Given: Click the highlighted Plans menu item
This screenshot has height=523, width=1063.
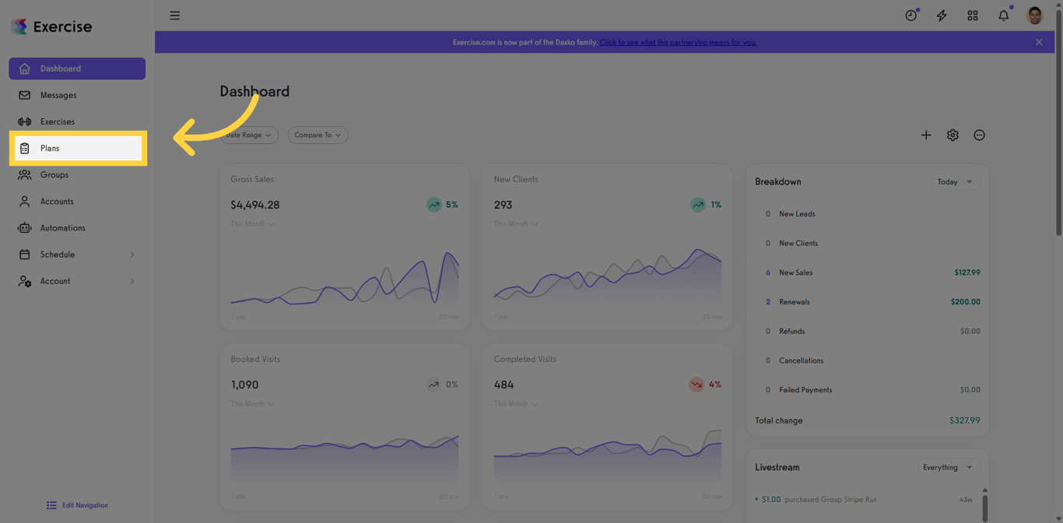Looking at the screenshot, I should (78, 148).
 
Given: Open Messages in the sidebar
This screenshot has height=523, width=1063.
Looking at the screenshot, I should (58, 95).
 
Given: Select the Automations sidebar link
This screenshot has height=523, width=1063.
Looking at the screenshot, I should (62, 228).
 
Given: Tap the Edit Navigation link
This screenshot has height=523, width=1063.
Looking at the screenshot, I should (84, 505).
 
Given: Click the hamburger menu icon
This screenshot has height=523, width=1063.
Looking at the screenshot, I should (175, 16).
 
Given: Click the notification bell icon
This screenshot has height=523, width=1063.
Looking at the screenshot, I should (1003, 16).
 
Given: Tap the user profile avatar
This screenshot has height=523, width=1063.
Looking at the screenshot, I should (1034, 16).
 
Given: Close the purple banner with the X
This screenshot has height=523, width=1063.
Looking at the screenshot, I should (1039, 42).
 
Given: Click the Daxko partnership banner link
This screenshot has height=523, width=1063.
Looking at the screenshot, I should (678, 42).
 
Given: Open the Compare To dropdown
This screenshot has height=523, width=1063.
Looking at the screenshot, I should (317, 135).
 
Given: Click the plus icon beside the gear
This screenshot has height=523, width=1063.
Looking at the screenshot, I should (926, 135).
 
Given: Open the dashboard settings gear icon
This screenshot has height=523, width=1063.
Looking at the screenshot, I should (952, 135).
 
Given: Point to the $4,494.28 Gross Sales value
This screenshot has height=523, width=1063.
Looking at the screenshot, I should (254, 205).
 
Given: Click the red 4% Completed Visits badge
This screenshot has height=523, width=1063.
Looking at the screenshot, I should (705, 384).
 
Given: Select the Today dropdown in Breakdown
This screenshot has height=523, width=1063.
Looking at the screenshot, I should (955, 181).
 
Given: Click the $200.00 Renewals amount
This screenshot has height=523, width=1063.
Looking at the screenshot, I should (965, 302).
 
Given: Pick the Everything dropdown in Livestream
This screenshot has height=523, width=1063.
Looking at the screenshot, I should (947, 467).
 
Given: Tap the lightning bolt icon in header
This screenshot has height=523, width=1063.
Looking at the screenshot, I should (942, 16).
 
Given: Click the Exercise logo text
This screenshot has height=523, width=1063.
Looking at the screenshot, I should (62, 26).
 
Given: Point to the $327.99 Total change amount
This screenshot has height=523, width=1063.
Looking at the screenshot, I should (964, 420).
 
